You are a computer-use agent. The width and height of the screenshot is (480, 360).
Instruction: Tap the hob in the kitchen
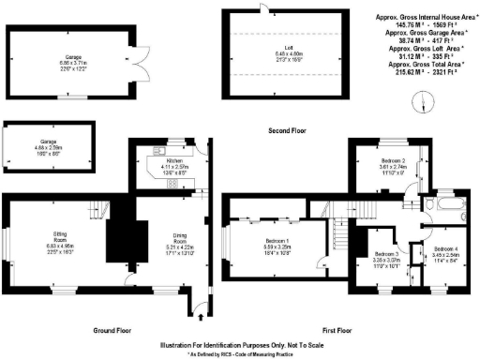pos(172,184)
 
